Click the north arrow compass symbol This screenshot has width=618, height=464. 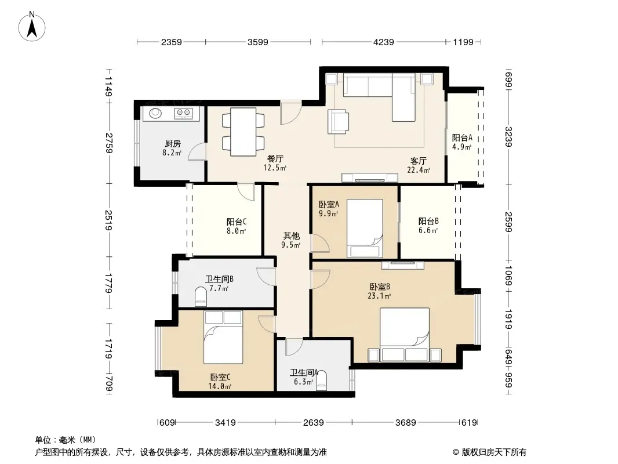(32, 27)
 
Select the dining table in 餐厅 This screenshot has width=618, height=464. (243, 132)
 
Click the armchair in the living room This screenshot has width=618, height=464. (338, 121)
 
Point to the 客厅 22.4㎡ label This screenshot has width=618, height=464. (418, 165)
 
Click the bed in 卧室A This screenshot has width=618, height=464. (365, 229)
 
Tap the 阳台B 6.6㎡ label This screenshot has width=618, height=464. (428, 226)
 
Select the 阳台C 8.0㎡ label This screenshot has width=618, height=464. (237, 227)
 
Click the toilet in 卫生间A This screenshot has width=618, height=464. (322, 380)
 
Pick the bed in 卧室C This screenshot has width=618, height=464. (223, 337)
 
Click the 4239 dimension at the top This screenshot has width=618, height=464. (383, 42)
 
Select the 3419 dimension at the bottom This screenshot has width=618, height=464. (226, 423)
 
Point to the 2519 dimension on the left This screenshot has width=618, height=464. (109, 220)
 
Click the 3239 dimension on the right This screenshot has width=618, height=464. (508, 137)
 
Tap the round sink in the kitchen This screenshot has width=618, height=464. (155, 113)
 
